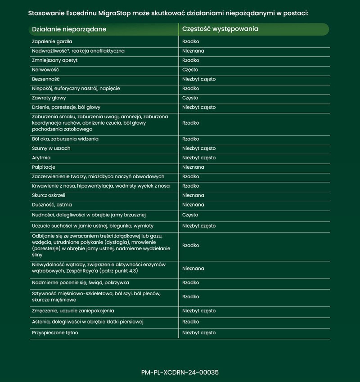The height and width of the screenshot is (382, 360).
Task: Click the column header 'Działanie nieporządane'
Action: click(69, 29)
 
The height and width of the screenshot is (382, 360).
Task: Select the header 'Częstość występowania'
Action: click(220, 29)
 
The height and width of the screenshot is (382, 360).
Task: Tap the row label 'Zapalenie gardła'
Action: click(49, 41)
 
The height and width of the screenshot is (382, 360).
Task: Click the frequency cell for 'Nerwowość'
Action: click(190, 70)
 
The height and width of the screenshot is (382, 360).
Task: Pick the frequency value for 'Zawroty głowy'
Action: click(190, 98)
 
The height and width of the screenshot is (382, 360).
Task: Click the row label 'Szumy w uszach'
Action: click(51, 148)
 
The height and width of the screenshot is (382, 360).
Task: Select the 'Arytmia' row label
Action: click(41, 158)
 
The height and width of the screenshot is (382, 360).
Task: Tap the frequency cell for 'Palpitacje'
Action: click(193, 167)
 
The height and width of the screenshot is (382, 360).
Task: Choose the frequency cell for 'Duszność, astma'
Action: click(193, 205)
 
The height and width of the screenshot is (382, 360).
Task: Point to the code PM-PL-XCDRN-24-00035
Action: click(180, 373)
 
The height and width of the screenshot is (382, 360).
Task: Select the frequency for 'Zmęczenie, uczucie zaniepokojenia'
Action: click(199, 311)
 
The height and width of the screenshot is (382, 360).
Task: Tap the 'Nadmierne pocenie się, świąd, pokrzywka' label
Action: click(81, 283)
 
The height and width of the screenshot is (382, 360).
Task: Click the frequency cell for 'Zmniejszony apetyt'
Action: click(191, 60)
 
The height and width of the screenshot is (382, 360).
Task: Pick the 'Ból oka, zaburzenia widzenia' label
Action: click(65, 139)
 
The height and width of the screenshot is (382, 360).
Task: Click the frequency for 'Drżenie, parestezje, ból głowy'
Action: click(199, 108)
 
